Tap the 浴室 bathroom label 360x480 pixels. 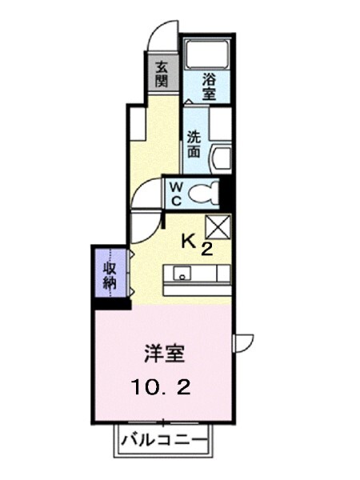pos(208,86)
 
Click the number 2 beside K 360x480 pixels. pos(206,249)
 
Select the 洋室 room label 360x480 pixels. pos(161,353)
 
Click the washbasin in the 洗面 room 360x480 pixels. pos(221,156)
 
